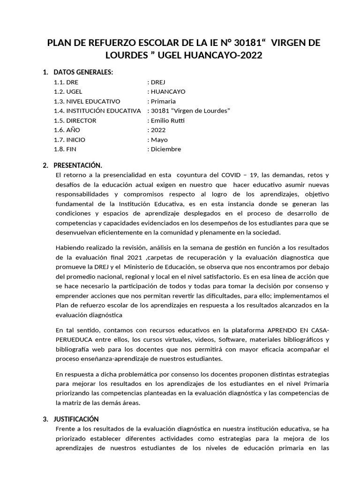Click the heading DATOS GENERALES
(x=83, y=72)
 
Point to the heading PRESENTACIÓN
(x=78, y=165)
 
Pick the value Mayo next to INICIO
(x=159, y=140)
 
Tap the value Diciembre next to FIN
(x=165, y=149)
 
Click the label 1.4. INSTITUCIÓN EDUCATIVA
(x=97, y=111)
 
